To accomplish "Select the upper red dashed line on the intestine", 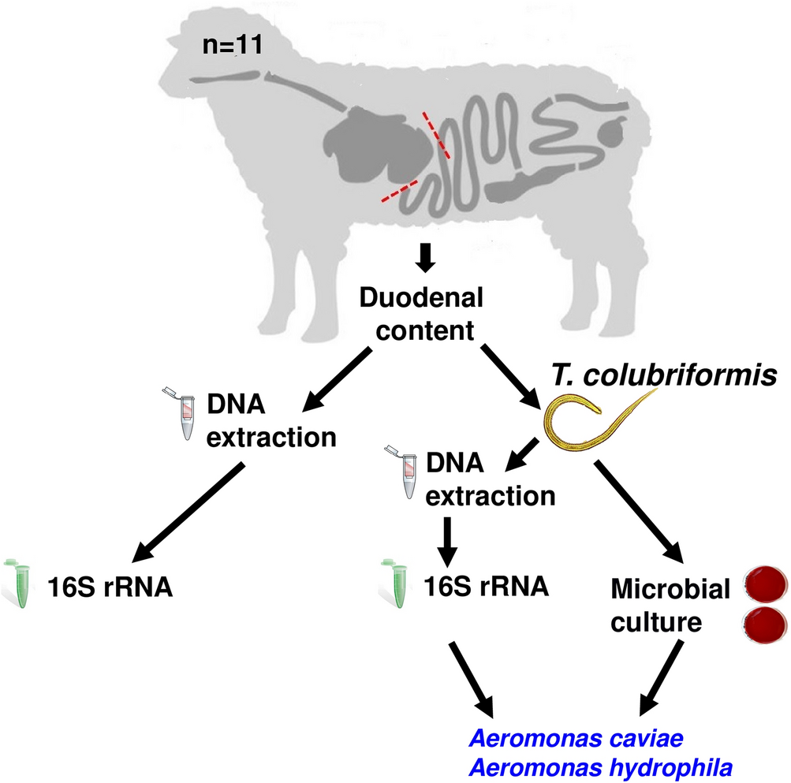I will coord(436,134).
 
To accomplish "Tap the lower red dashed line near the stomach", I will coord(401,189).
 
